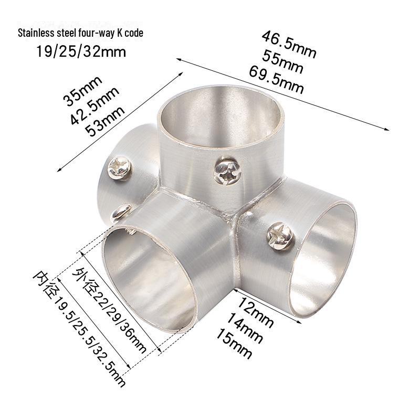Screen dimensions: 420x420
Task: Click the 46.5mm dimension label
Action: point(289,45)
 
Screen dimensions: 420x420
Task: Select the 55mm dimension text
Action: point(282,62)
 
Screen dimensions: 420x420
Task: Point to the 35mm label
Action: point(82,91)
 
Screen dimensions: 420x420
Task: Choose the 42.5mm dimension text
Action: point(94,106)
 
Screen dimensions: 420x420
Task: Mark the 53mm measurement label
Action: point(104,121)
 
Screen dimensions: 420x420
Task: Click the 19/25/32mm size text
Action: point(81,51)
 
